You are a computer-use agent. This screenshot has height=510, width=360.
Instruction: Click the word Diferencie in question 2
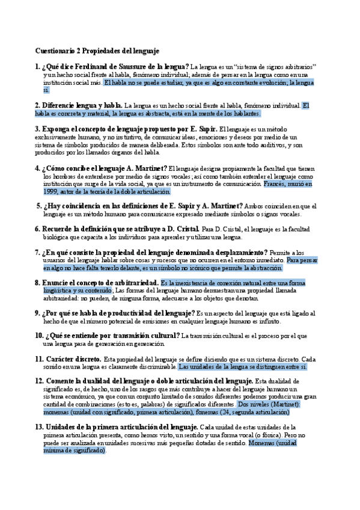pyautogui.click(x=61, y=105)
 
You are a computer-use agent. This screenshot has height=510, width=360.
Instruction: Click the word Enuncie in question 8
pyautogui.click(x=58, y=283)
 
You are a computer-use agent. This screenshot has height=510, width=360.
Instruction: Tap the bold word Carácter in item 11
pyautogui.click(x=62, y=359)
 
